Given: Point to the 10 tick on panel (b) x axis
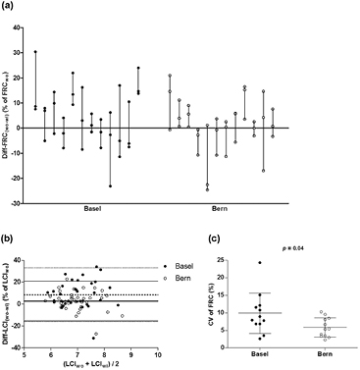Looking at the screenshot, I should pos(159,352).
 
